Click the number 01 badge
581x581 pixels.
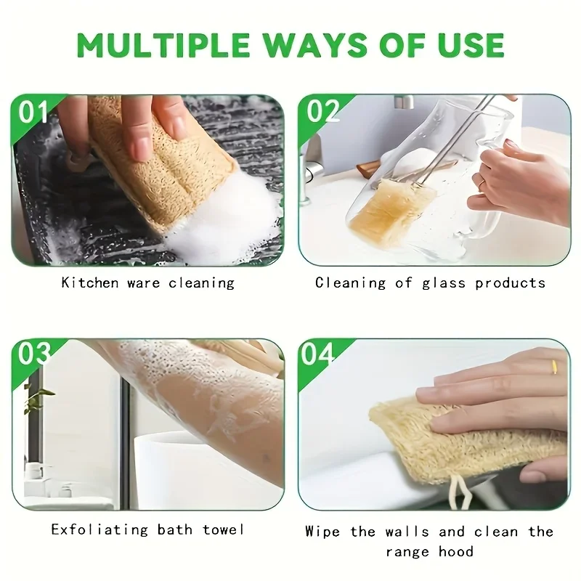[33, 113]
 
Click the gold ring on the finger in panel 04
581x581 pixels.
[553, 367]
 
